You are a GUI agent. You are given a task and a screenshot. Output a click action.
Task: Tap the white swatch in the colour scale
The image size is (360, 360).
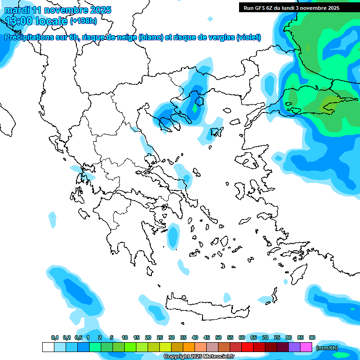[48, 347]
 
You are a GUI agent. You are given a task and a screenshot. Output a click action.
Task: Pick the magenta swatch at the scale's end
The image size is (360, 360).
[306, 347]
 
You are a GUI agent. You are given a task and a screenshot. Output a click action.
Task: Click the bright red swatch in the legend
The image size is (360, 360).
[247, 347]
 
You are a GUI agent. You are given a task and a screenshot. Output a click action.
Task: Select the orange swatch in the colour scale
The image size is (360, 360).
[189, 347]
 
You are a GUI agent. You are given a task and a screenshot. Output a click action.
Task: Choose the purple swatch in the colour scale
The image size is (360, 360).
[294, 347]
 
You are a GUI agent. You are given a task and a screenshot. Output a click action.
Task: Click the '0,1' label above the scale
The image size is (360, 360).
[55, 337]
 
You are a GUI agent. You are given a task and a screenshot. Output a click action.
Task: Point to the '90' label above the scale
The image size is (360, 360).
[312, 337]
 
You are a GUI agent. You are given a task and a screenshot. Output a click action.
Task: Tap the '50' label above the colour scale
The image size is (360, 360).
[218, 337]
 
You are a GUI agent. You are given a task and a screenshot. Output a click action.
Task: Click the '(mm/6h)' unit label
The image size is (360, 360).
[326, 348]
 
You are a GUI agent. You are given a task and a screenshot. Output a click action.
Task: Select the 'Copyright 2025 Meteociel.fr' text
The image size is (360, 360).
[199, 357]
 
